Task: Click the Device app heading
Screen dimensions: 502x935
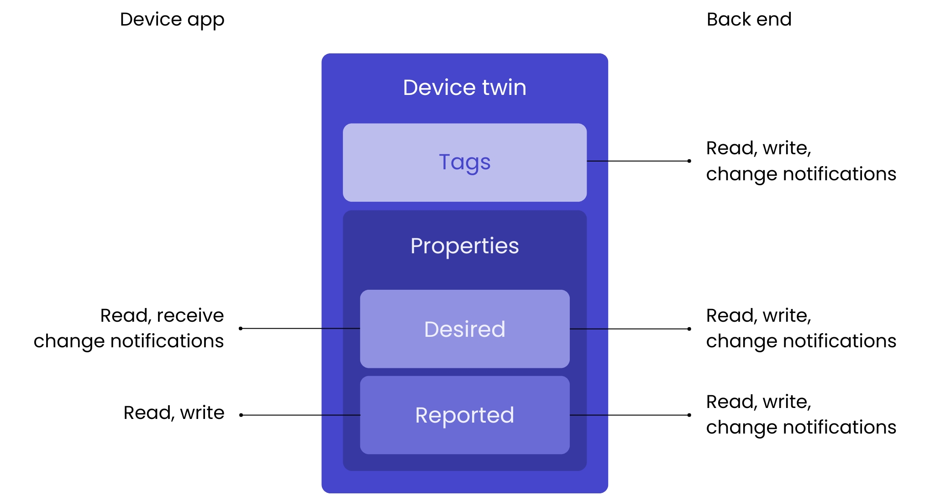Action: click(x=172, y=20)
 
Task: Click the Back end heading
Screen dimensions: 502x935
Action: click(x=749, y=20)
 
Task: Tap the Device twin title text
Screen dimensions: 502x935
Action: click(x=464, y=88)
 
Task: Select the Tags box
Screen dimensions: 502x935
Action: click(x=464, y=162)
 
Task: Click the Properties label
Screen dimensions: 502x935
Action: click(x=464, y=246)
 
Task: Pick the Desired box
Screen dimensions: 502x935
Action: click(x=464, y=329)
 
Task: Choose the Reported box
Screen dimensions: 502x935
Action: click(x=464, y=415)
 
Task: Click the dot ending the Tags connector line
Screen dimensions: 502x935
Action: click(x=689, y=161)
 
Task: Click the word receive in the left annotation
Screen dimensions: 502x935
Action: click(x=190, y=316)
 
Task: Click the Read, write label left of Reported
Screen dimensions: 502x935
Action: click(x=174, y=413)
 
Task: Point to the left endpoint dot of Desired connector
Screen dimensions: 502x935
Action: click(x=241, y=328)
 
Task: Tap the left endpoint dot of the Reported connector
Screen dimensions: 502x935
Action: click(x=241, y=415)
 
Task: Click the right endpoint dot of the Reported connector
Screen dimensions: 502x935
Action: click(x=689, y=415)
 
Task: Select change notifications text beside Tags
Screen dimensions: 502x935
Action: click(x=801, y=174)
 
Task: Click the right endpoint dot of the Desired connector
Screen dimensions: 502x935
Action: click(x=689, y=329)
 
